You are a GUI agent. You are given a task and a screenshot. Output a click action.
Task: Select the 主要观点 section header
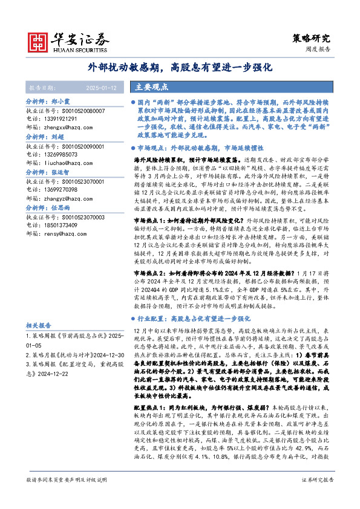(151, 87)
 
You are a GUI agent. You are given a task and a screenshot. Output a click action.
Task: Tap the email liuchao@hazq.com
(65, 163)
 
